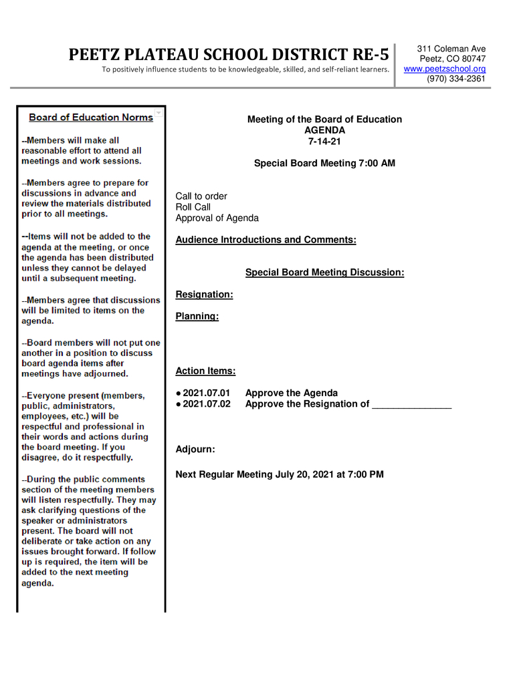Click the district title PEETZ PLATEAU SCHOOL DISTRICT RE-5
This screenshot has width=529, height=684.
228,54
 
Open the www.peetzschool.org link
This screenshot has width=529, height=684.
444,69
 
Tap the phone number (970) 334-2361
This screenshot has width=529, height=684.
456,79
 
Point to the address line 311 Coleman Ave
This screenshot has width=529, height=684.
451,49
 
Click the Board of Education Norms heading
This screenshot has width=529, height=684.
91,118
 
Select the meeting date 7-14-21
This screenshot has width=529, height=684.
324,141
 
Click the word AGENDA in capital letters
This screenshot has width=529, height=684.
324,130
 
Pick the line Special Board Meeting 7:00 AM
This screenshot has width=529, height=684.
324,163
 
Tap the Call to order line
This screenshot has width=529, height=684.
201,196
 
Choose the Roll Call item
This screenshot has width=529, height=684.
193,207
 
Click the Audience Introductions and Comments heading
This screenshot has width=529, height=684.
266,240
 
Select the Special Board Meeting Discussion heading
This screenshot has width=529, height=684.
324,273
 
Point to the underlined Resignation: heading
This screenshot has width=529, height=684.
204,295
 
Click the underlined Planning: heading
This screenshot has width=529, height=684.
197,317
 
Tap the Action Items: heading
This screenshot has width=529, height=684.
205,371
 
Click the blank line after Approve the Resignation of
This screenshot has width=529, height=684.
411,404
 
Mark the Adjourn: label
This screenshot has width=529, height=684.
195,450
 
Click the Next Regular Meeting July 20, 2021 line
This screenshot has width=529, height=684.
280,474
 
